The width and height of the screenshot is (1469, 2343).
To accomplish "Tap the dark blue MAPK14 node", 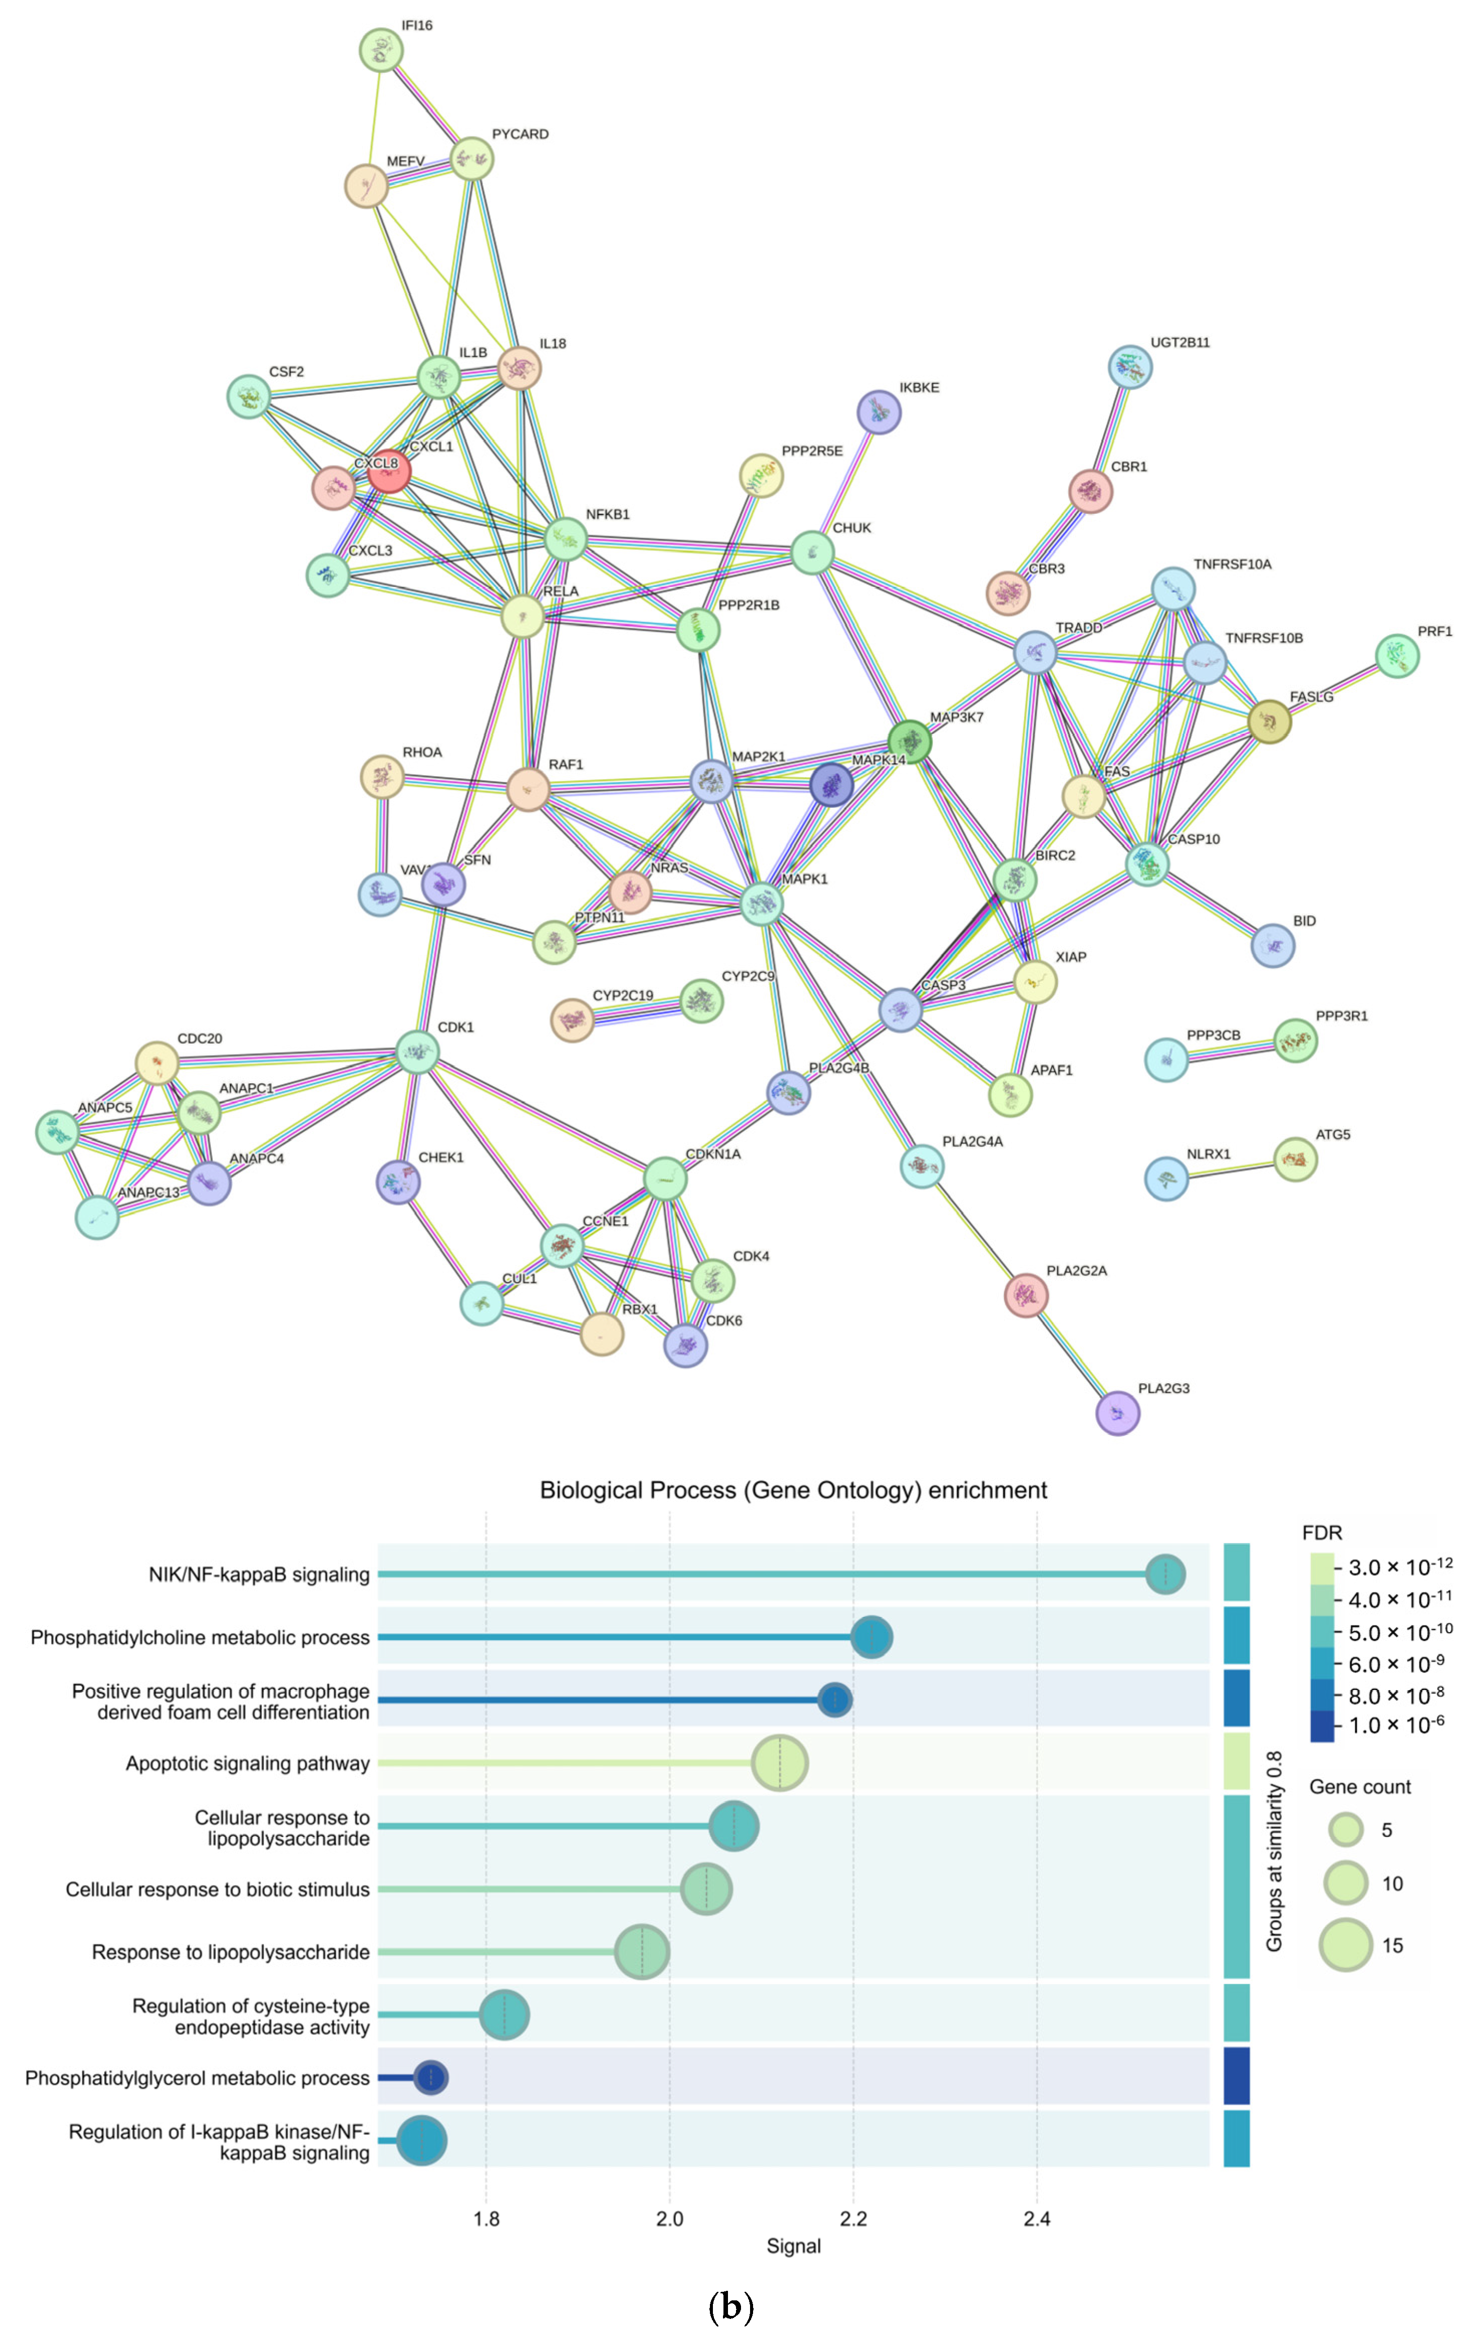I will (832, 784).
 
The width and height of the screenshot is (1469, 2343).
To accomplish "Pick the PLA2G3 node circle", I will (1117, 1412).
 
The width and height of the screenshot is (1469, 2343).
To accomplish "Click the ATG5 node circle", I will (1295, 1159).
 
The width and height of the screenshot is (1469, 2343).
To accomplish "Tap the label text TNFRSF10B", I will (1263, 638).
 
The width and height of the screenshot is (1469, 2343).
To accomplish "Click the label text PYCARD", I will (520, 134).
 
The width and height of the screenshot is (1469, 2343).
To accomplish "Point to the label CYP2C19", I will (623, 996).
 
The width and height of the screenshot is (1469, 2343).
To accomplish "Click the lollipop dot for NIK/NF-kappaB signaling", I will (1165, 1574).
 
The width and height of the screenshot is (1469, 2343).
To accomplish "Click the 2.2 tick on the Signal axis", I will (853, 2219).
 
